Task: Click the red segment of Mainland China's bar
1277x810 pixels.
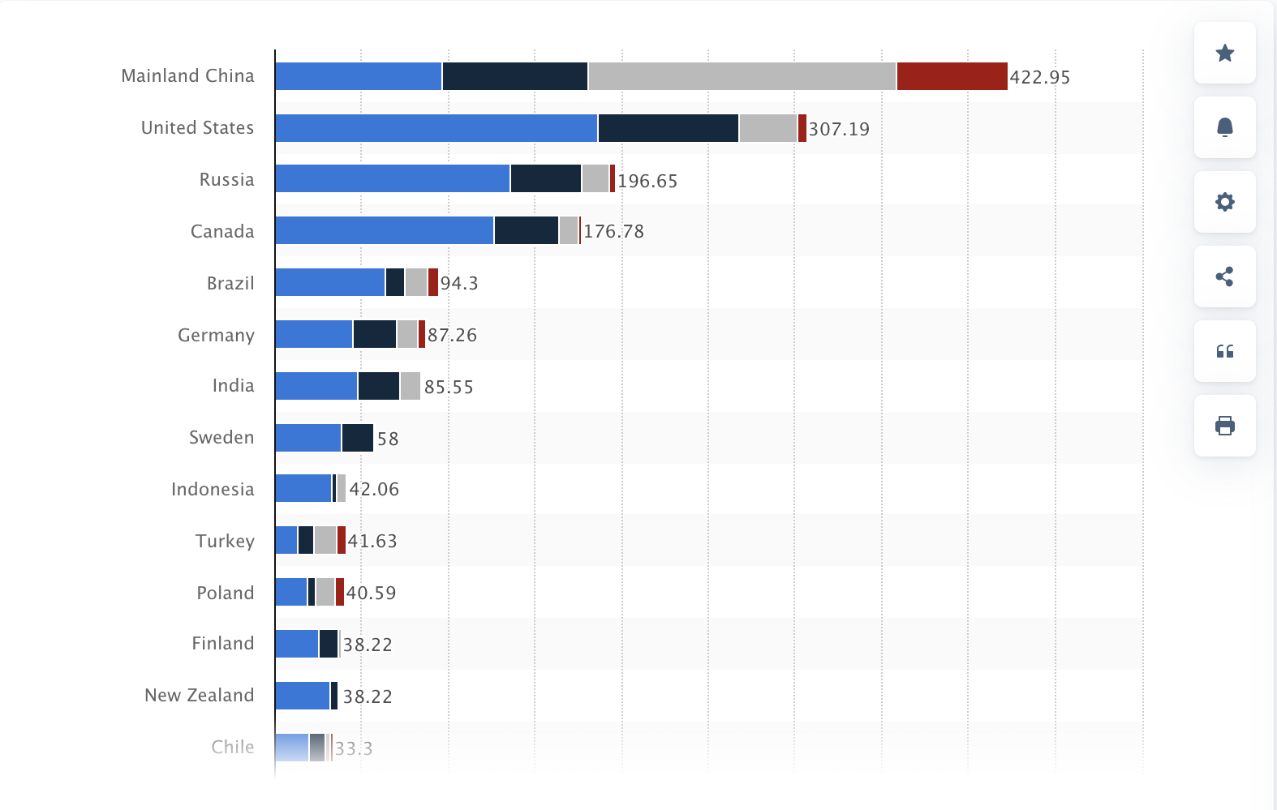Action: [x=952, y=76]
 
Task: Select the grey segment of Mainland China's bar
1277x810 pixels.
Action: [x=742, y=76]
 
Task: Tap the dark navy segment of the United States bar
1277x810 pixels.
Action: [x=668, y=128]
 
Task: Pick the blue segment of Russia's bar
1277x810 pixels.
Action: [x=392, y=178]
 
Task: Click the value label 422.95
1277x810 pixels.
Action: [x=1039, y=77]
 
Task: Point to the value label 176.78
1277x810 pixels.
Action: [x=613, y=231]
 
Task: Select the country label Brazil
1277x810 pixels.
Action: [x=230, y=283]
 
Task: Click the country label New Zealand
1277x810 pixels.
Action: [x=199, y=695]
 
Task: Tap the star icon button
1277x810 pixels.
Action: [x=1224, y=53]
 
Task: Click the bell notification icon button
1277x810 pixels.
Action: [x=1224, y=127]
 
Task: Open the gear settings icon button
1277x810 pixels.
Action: [x=1224, y=202]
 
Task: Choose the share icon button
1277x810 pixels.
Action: [x=1224, y=276]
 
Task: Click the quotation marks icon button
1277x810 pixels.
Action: [x=1224, y=351]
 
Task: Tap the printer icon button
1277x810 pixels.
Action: [x=1224, y=426]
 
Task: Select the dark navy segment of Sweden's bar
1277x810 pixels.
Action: [x=357, y=438]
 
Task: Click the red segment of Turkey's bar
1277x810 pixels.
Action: [x=342, y=540]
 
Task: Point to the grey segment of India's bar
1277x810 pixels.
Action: [x=410, y=386]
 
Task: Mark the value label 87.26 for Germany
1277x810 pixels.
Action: [x=452, y=335]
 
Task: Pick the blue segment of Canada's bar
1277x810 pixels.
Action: [x=384, y=230]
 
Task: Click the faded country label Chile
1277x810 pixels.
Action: [x=232, y=747]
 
